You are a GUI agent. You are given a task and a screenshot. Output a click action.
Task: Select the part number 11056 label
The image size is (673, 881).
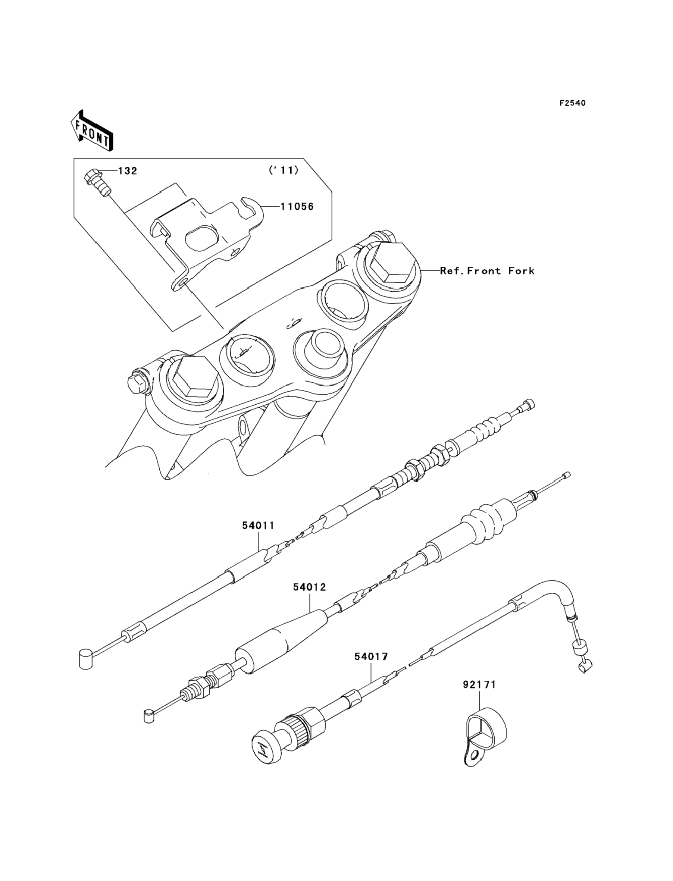click(x=297, y=207)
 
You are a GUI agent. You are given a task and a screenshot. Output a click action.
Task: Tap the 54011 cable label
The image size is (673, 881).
click(x=258, y=526)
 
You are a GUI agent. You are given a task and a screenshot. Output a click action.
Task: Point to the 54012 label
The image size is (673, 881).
click(x=309, y=587)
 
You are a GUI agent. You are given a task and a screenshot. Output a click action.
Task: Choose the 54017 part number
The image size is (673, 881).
click(x=371, y=657)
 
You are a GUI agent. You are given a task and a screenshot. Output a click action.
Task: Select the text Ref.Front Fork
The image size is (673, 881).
click(x=487, y=271)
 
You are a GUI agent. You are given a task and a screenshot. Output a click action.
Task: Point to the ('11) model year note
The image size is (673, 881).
click(x=284, y=170)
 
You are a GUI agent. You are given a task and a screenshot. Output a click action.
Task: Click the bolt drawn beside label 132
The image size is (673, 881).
click(x=98, y=182)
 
